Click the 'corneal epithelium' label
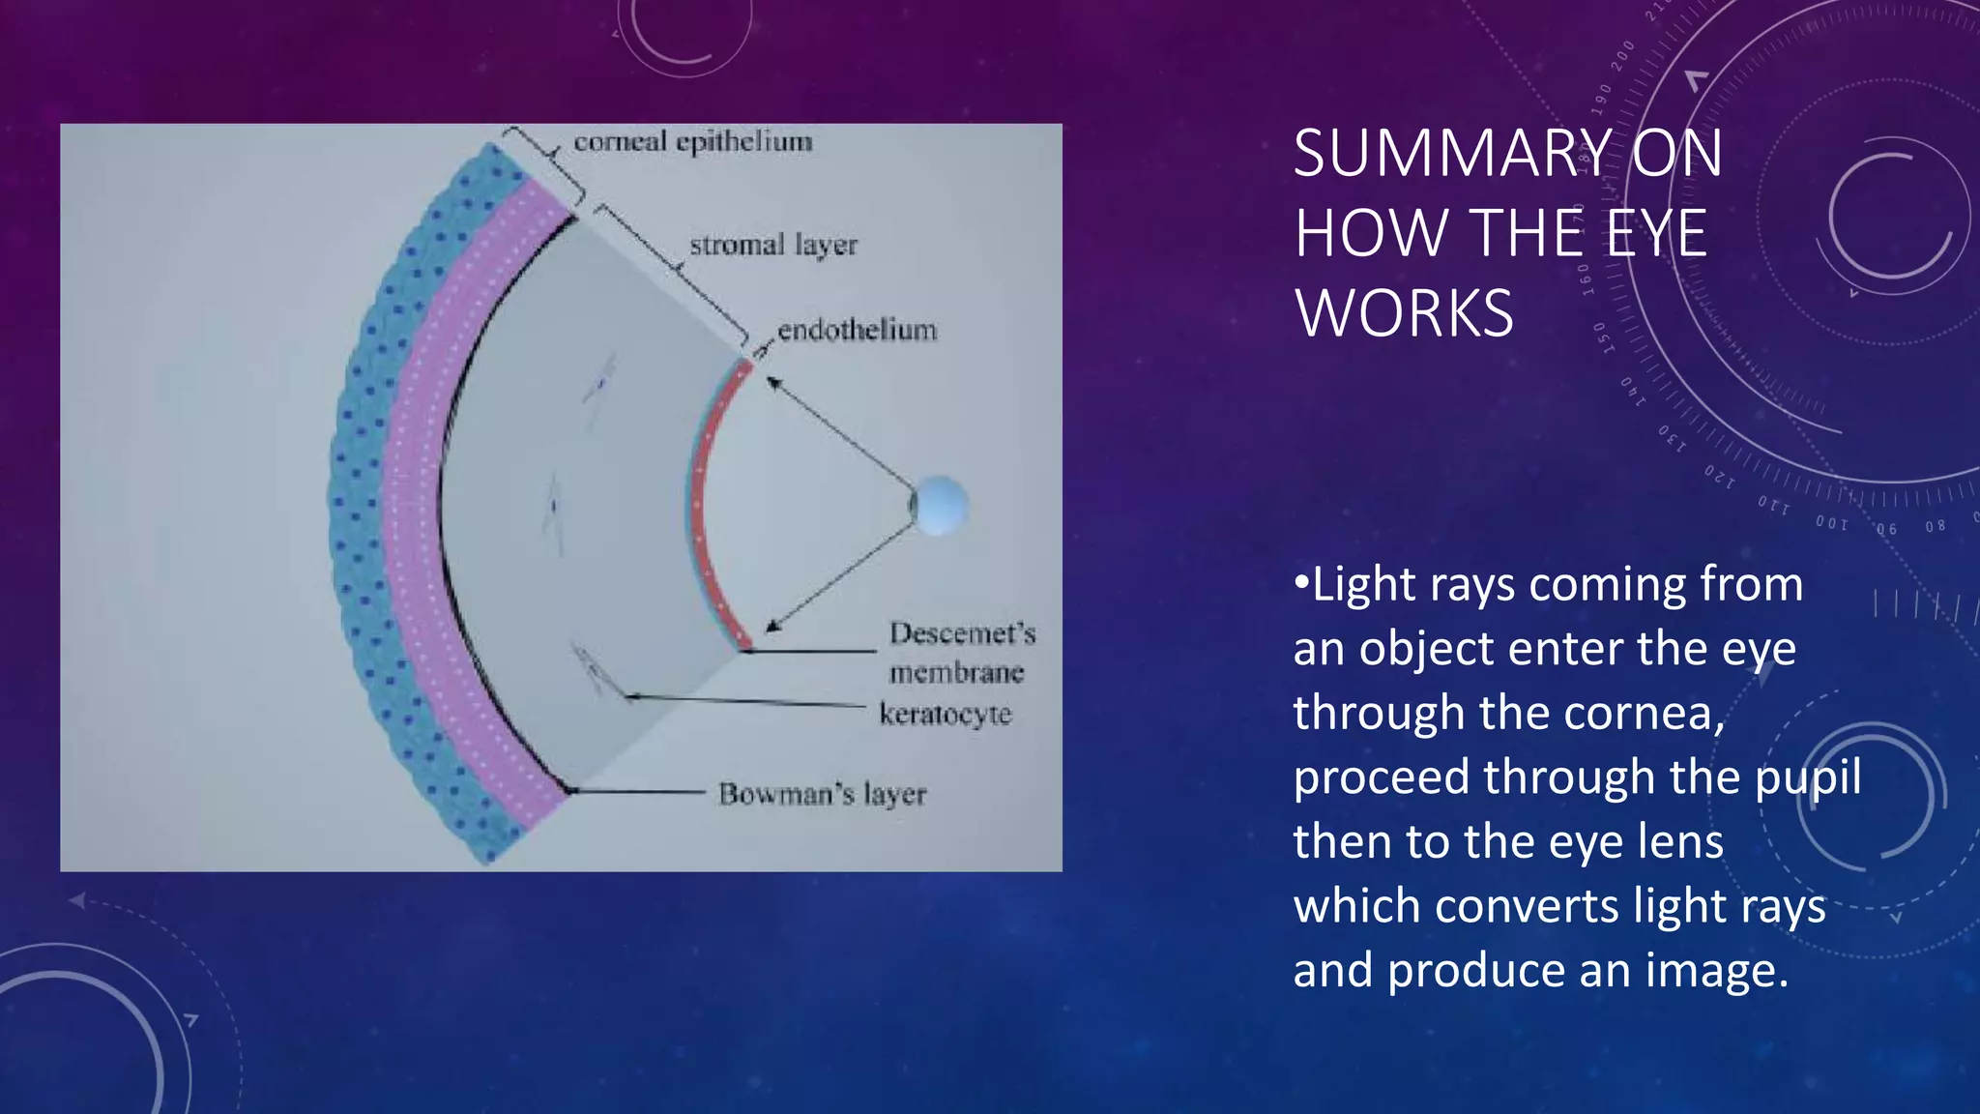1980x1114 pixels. (692, 142)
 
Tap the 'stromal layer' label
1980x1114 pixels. (772, 246)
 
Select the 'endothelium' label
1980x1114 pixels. (857, 331)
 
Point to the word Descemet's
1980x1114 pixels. (962, 633)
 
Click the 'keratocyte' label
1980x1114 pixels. (945, 715)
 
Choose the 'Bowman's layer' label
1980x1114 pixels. (822, 795)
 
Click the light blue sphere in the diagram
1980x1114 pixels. (940, 505)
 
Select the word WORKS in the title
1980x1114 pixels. (1404, 314)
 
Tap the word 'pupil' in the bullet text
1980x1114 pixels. (1808, 778)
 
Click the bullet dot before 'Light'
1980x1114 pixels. (1301, 585)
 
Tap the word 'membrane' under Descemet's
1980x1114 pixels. (956, 673)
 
